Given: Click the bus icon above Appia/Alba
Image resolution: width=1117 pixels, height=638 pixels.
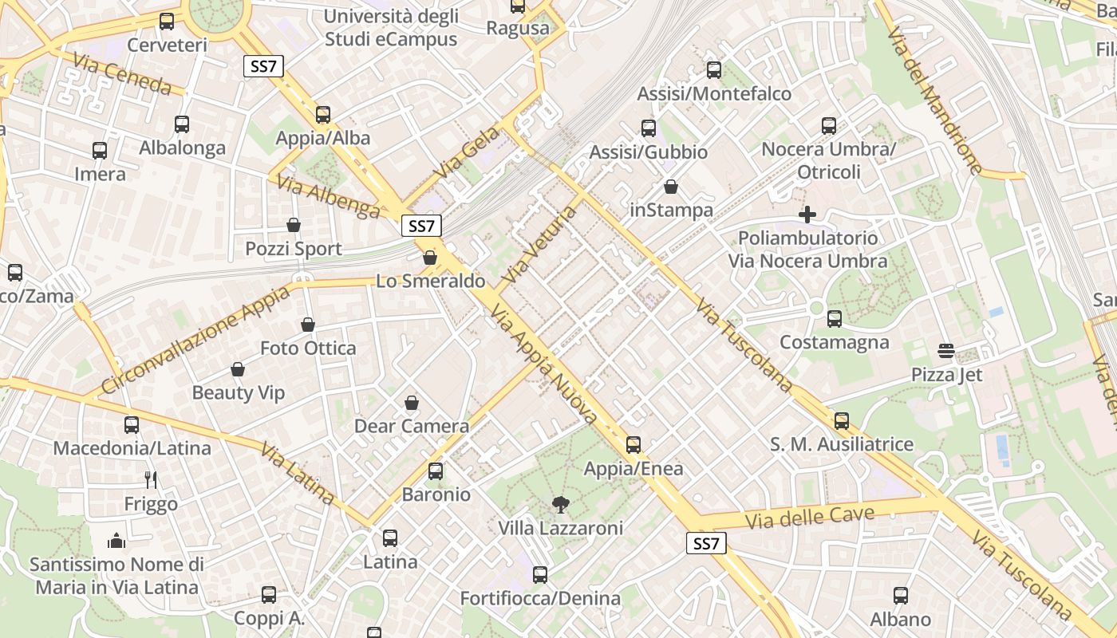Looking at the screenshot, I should (x=323, y=115).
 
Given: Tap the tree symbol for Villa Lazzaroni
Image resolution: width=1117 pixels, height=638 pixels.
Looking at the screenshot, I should (x=561, y=504).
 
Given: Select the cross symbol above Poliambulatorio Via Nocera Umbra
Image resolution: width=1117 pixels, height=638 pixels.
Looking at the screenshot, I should (x=807, y=215).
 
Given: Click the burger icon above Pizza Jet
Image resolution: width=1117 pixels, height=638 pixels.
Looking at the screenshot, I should (x=947, y=351).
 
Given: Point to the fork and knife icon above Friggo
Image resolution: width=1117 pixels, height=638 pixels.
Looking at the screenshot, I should (x=151, y=479).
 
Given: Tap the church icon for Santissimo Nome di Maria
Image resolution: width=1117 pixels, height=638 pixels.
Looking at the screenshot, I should (x=116, y=541).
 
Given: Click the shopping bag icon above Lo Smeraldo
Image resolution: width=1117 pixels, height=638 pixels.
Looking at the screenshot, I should (x=430, y=258).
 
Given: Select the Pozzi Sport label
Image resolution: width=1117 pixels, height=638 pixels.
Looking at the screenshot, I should (x=293, y=249).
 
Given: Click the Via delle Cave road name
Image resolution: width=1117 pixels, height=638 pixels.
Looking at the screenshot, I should (x=809, y=517).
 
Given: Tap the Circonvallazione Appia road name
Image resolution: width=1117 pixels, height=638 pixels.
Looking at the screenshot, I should (x=195, y=340).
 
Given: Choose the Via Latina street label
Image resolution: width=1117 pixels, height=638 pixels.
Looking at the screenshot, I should (x=297, y=474).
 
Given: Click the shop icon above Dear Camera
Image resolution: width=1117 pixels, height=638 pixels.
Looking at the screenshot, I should (x=412, y=403).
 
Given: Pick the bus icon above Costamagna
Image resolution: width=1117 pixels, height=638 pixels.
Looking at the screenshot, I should (x=835, y=319).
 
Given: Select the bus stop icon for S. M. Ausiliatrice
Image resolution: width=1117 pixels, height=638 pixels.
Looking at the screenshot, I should (x=842, y=421).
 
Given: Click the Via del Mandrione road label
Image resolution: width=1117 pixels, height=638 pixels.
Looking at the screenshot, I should (x=934, y=100).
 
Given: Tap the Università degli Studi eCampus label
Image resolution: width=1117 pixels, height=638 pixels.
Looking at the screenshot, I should (x=391, y=28).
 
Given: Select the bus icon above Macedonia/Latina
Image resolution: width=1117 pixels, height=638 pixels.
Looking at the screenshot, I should (x=132, y=425).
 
